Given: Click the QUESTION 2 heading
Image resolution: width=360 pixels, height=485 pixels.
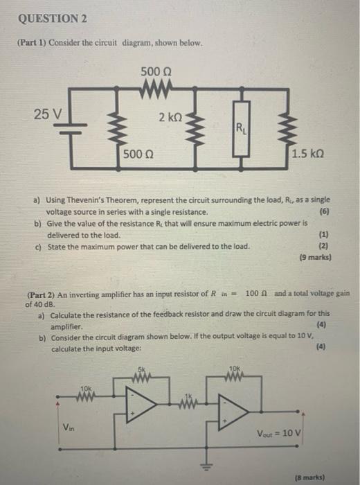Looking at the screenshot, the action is [x=53, y=19].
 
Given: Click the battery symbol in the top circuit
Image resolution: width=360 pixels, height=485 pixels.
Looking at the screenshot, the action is [x=71, y=129].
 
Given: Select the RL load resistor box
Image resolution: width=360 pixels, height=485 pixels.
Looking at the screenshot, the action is [x=242, y=128].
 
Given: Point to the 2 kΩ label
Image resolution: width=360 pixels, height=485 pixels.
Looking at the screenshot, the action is [x=170, y=118].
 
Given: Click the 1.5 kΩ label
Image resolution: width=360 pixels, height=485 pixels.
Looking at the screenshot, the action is [x=308, y=154].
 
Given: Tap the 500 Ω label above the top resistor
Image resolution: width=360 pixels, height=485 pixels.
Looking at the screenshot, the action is [x=156, y=72].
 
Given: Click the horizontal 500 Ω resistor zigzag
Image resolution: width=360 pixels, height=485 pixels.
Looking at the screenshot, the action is [x=156, y=89].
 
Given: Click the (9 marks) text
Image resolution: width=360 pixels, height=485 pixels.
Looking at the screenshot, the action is [x=316, y=257].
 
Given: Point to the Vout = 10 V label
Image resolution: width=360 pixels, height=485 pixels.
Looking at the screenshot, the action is [x=279, y=433].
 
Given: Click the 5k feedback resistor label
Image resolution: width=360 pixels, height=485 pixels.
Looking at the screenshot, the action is [x=141, y=369].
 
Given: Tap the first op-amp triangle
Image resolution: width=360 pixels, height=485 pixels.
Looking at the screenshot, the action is [x=141, y=404].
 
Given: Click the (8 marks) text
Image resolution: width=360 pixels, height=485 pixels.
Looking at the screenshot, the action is [x=310, y=477].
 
